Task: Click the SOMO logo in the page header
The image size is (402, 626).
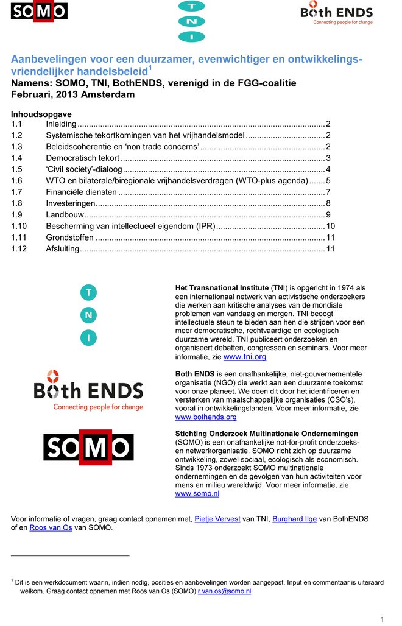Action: tap(39, 12)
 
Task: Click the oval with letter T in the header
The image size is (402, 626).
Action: tap(191, 6)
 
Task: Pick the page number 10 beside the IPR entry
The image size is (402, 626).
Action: tap(331, 227)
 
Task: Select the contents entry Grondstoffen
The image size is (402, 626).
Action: tap(69, 237)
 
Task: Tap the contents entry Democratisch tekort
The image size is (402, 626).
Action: tap(83, 158)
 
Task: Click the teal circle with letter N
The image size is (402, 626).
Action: tap(88, 315)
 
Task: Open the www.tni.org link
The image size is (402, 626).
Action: tap(245, 357)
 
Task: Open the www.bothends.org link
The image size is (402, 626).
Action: tap(205, 417)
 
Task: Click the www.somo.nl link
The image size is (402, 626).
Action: tap(197, 494)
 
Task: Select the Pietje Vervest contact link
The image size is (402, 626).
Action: tap(217, 518)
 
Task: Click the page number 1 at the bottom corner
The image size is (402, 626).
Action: tap(382, 619)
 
